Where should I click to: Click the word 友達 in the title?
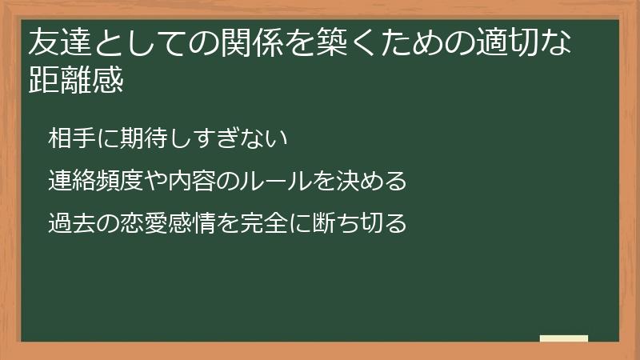pos(59,43)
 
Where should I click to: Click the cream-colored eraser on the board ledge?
pos(564,338)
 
